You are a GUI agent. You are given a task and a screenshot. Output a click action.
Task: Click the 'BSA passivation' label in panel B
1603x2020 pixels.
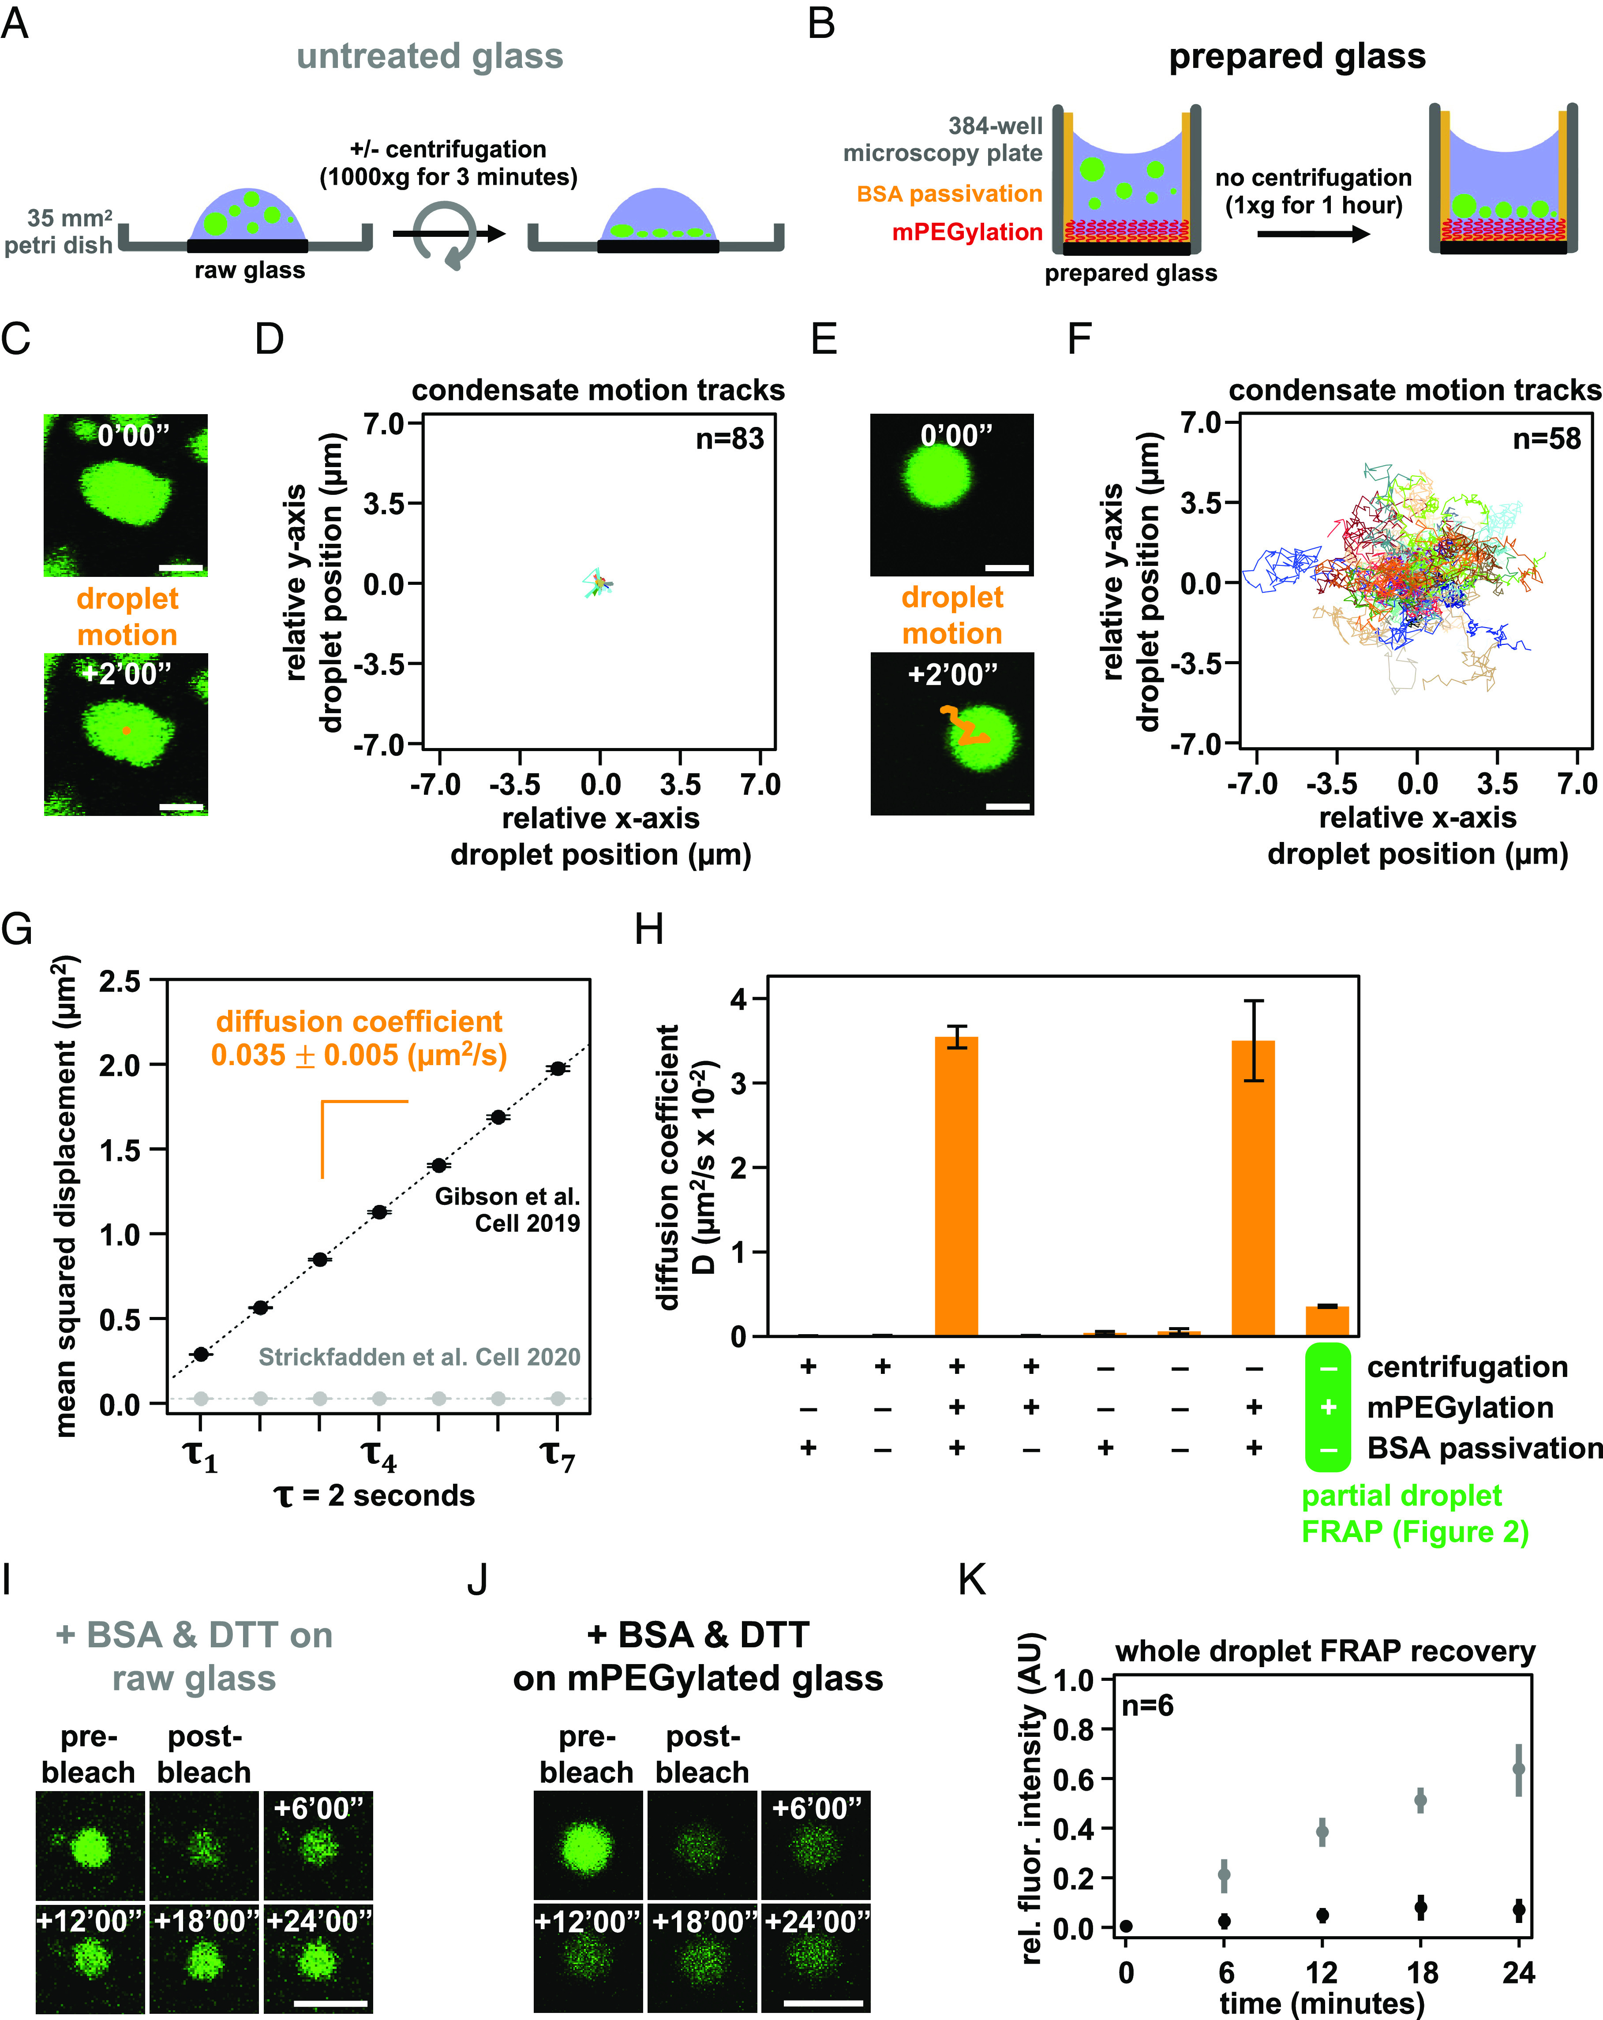coord(949,194)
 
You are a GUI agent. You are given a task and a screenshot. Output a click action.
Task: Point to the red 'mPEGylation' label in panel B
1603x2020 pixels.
coord(967,232)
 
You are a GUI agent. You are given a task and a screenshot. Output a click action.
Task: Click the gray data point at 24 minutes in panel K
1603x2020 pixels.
coord(1519,1769)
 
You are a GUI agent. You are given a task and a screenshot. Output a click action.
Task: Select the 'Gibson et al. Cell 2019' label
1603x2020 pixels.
coord(507,1209)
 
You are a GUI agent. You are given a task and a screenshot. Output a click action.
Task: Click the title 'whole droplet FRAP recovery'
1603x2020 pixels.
coord(1325,1651)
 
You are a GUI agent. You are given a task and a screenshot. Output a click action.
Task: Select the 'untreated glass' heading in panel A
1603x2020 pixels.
coord(430,56)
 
